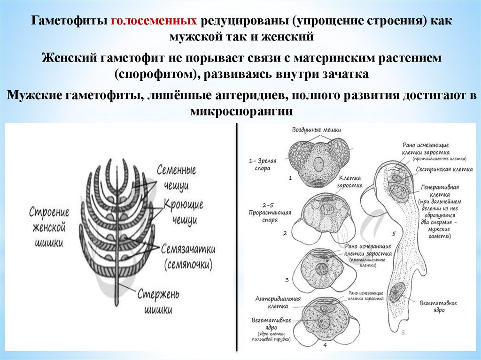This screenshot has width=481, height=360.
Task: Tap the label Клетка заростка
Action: [350, 182]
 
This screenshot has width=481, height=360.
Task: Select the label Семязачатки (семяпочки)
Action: [188, 255]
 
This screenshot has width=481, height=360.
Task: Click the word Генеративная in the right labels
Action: [439, 186]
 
